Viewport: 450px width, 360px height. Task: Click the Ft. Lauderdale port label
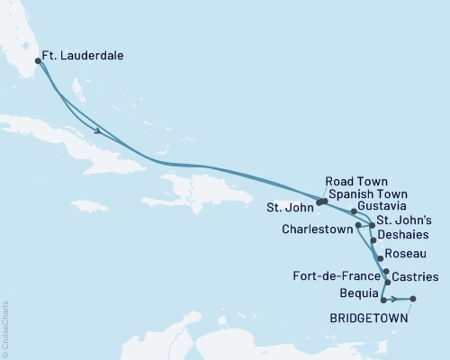[x=86, y=56]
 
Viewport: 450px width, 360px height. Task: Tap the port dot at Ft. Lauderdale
[x=38, y=61]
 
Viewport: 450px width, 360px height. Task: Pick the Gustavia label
[x=382, y=206]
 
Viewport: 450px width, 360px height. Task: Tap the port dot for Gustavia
[x=355, y=211]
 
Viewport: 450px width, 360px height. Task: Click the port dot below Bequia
[x=383, y=300]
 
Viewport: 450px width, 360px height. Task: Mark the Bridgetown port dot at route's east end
[x=413, y=300]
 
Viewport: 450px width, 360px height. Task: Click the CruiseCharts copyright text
[x=5, y=325]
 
